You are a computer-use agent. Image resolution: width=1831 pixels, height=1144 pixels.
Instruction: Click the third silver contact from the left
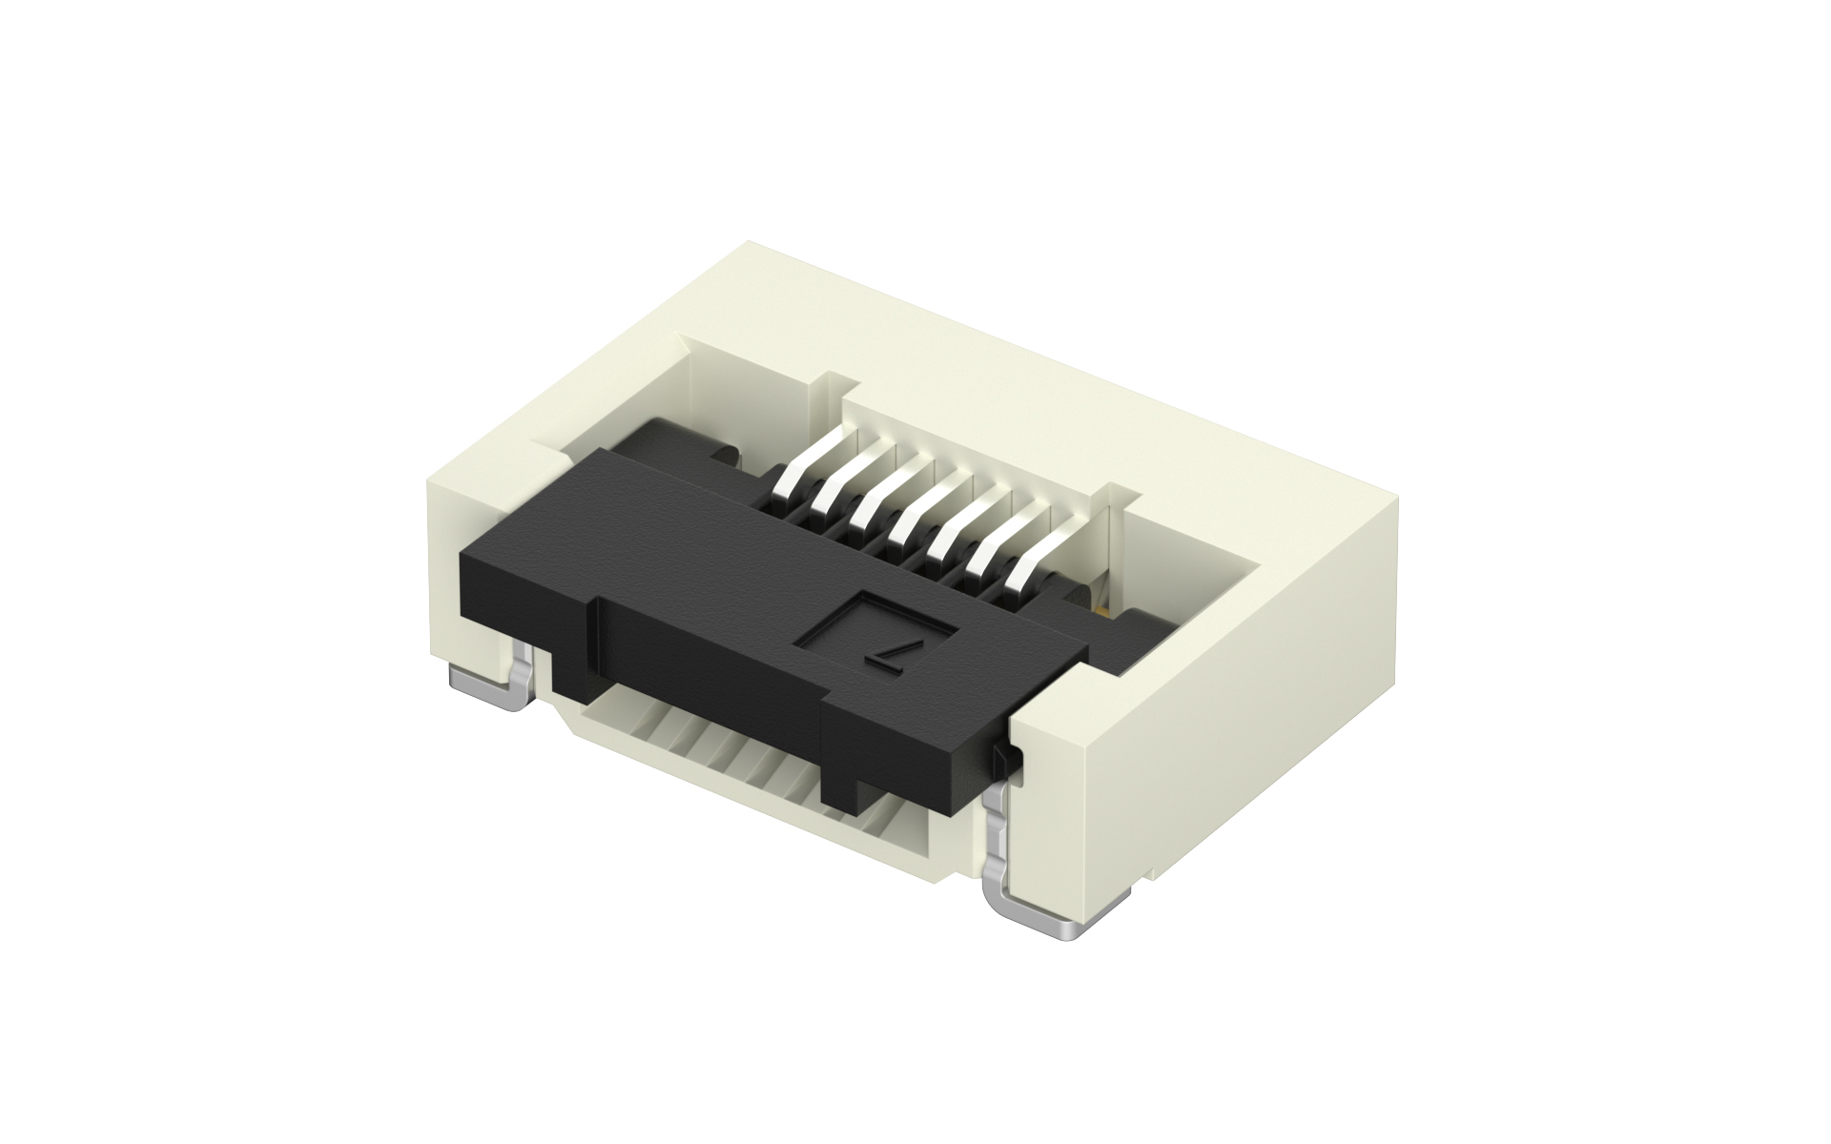880,505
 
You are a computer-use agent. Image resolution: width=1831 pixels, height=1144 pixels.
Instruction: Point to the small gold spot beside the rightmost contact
1102,607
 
